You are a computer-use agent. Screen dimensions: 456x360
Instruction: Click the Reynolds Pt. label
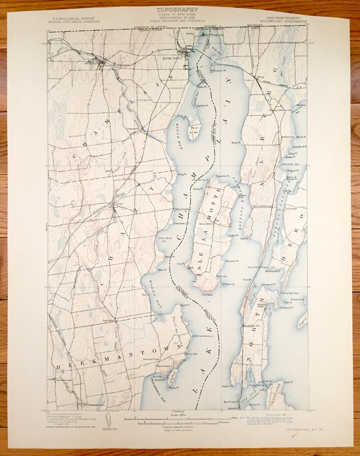click(223, 176)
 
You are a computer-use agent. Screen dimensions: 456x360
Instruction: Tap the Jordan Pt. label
click(234, 236)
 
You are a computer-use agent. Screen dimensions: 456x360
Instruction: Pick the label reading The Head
click(207, 295)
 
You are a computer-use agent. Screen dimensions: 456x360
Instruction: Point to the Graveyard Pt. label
click(268, 285)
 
